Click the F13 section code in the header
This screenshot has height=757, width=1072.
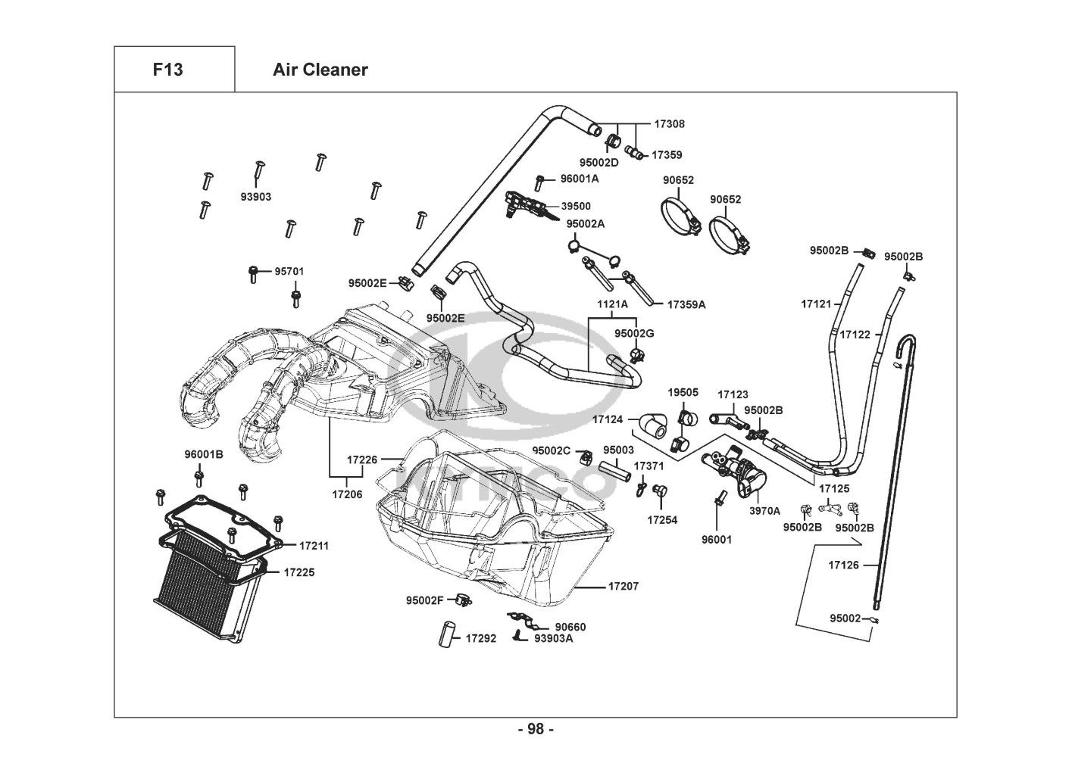pos(167,70)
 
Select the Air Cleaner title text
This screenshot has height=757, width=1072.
pos(320,70)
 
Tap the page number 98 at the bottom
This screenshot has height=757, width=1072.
pos(536,729)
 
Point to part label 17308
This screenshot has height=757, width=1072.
pos(669,123)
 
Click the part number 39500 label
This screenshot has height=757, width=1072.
pos(576,206)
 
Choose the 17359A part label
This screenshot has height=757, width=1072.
pos(686,304)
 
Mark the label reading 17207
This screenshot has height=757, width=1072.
pos(624,586)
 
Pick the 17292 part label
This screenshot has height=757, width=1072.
pos(480,638)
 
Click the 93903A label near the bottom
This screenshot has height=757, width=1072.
pos(553,637)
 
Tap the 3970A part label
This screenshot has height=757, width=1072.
pos(764,511)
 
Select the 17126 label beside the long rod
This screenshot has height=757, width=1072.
pos(843,565)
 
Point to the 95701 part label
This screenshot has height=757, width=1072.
pos(289,271)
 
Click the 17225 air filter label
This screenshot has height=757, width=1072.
pos(298,572)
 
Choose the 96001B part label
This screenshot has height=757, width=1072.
pos(204,454)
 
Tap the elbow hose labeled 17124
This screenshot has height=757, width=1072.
pos(653,425)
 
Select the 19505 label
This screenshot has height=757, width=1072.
pos(683,392)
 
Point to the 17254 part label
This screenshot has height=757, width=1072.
pos(662,520)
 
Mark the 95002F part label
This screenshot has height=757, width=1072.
pos(424,600)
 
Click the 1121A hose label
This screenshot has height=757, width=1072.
pos(612,304)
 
